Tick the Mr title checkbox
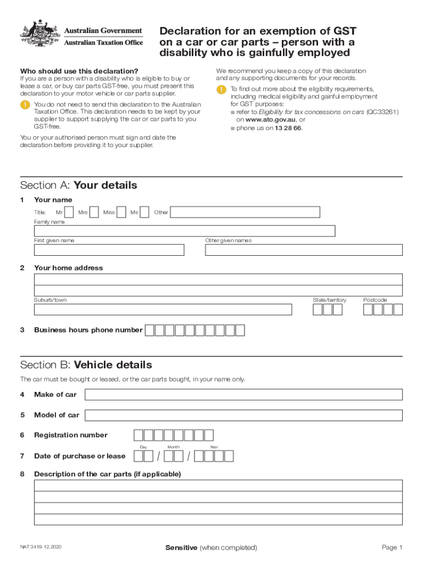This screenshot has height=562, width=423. tap(69, 212)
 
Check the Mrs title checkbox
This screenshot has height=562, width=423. tap(94, 212)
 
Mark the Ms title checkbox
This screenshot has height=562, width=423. tap(144, 212)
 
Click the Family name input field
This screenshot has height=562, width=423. tap(185, 231)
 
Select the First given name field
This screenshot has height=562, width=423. tap(109, 250)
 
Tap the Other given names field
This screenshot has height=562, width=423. tap(303, 250)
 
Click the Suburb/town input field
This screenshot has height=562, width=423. tap(163, 310)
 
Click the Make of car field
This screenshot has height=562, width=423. tap(243, 395)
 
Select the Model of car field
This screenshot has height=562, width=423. tap(243, 415)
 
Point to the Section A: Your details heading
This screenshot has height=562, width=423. tap(79, 185)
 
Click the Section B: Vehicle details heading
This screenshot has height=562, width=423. tap(86, 365)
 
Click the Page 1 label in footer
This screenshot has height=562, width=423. tap(392, 547)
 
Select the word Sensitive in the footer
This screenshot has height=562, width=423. tap(181, 547)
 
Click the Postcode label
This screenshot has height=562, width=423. tap(375, 300)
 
